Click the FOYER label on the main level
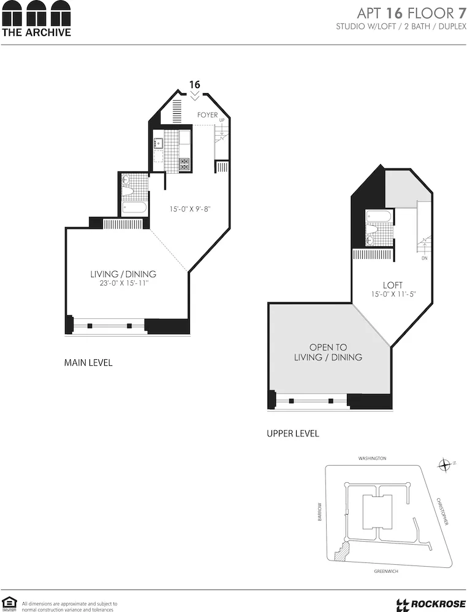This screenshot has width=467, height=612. pos(207,115)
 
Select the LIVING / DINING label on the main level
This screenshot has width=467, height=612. pos(123,274)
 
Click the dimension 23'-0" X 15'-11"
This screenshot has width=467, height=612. pos(123,284)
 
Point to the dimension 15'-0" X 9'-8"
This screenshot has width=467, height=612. pos(190,209)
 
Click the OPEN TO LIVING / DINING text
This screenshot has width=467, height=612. pos(328,352)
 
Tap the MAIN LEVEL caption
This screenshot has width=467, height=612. pos(88,363)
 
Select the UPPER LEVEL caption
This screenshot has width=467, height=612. pos(292,434)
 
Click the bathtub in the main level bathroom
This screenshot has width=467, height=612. pos(134,207)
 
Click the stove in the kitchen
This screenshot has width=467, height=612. pos(184,163)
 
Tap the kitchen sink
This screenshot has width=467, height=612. pos(159,144)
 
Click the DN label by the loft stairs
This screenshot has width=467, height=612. pos(424,258)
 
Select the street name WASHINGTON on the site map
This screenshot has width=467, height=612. pos(373,458)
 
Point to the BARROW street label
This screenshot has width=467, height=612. pos(319,513)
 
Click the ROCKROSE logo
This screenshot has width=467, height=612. pos(428,603)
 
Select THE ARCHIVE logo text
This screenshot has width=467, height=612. pos(36,32)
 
